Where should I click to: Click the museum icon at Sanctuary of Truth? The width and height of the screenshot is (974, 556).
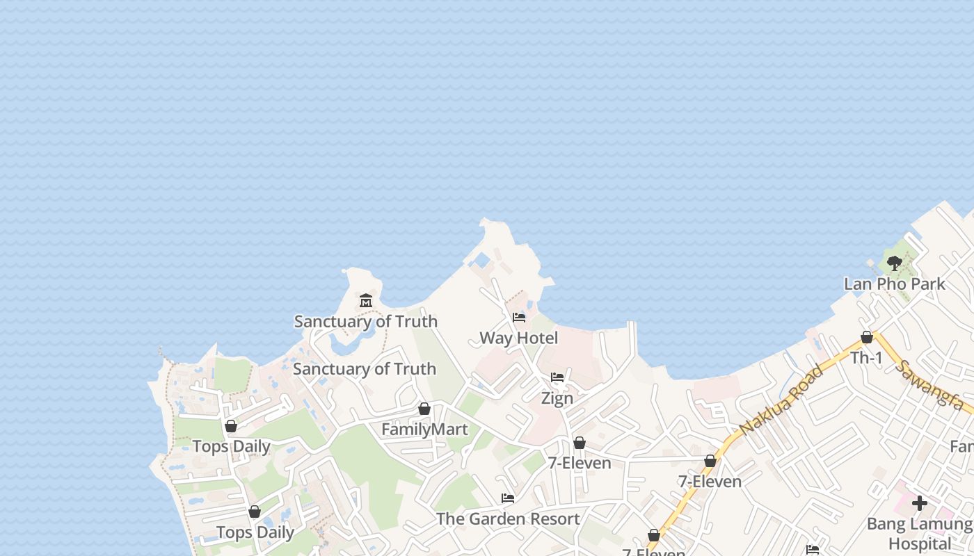click(366, 301)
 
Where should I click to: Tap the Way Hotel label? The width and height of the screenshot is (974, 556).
click(519, 338)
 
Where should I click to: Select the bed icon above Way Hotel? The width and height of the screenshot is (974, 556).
click(519, 318)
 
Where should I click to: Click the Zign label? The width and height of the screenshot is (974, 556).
click(557, 398)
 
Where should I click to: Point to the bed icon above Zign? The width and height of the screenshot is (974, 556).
click(557, 377)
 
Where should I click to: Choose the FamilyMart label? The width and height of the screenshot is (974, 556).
click(424, 430)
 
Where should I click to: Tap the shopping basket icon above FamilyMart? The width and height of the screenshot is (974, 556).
click(424, 409)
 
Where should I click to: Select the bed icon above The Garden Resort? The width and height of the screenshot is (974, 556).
click(508, 498)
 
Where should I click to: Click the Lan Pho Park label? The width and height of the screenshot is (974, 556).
click(895, 284)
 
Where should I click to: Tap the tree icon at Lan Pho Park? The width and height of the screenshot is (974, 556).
click(895, 263)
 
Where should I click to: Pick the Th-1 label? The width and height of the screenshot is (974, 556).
click(867, 358)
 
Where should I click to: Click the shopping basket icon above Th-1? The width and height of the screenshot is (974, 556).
click(867, 337)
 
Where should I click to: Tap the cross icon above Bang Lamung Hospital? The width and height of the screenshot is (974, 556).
click(920, 502)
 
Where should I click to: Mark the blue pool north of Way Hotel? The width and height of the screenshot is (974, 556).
click(480, 261)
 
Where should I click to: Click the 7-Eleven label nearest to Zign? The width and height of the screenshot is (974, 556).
click(580, 463)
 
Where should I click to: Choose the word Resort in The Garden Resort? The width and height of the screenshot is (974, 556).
click(554, 519)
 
